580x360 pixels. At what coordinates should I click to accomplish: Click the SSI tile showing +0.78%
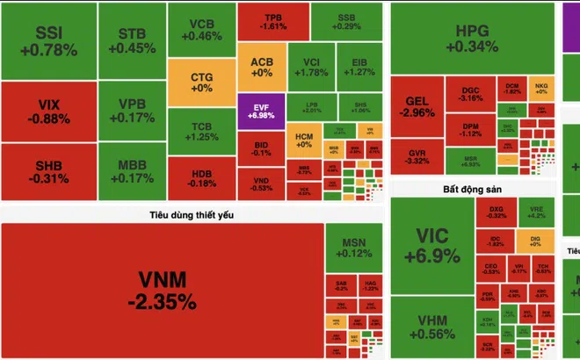48,41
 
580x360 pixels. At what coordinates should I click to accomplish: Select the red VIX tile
48,112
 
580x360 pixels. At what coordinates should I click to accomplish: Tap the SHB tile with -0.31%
48,172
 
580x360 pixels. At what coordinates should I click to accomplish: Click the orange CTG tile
200,83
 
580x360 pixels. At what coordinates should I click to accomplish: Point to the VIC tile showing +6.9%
431,247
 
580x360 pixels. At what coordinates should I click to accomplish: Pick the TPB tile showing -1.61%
272,22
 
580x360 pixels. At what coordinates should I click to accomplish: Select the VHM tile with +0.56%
431,328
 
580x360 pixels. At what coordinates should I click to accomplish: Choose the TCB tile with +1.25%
200,131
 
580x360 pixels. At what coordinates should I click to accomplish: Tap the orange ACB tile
262,68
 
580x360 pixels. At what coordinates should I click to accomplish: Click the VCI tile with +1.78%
310,67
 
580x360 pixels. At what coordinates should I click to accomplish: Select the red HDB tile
200,177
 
